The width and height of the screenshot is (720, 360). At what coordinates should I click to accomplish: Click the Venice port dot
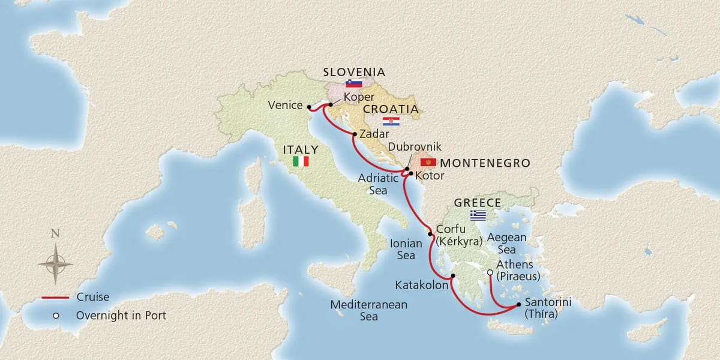pos(308,107)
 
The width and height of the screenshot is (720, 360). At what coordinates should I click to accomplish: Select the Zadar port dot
pos(355,134)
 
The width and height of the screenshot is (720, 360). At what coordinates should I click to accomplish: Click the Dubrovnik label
pos(415,146)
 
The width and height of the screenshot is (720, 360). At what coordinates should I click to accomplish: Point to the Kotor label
pos(430,176)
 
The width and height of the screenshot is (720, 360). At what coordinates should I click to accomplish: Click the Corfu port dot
pos(430,234)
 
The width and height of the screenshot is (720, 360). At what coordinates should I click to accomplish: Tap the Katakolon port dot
pos(453,276)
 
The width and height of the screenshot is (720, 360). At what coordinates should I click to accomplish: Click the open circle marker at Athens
pos(490,272)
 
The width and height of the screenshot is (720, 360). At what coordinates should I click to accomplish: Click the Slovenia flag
pos(354,83)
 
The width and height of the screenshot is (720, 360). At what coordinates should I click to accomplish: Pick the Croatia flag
pos(391,121)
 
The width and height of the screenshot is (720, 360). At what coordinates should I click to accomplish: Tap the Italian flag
pos(301,161)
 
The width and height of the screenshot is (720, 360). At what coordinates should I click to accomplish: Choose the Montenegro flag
pos(428,163)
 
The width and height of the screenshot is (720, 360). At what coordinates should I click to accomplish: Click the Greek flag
pos(478,215)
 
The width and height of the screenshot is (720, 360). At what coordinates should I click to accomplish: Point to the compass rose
pos(55,263)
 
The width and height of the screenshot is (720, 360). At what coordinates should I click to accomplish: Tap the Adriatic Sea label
pos(378,184)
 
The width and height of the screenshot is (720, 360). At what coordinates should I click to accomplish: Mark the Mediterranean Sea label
pos(369,310)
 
